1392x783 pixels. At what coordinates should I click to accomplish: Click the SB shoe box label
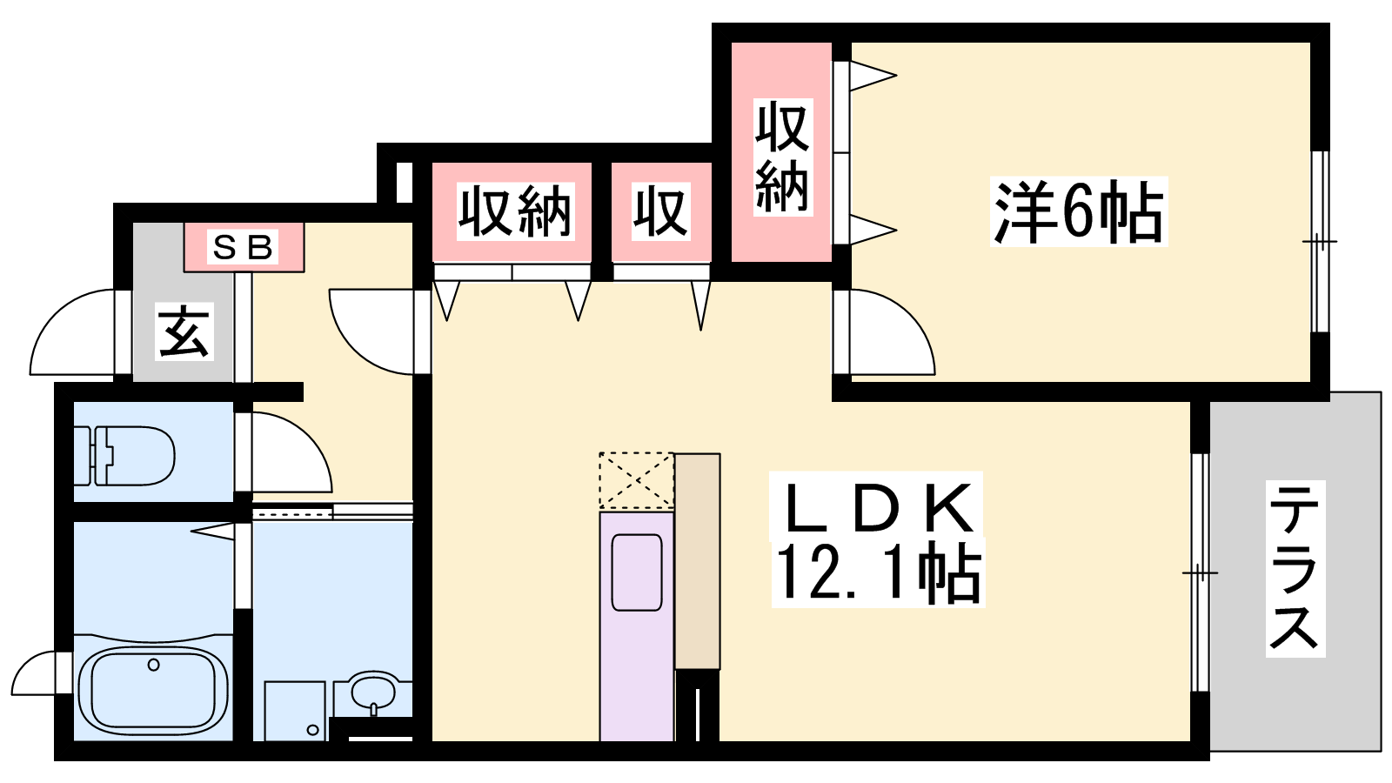(x=244, y=248)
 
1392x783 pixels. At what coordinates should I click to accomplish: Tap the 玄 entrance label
(x=184, y=331)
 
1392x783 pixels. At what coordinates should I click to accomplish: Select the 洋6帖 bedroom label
(x=1078, y=212)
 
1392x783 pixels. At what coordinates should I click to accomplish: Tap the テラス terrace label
(x=1294, y=568)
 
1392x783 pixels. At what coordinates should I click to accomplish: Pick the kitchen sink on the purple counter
(x=637, y=572)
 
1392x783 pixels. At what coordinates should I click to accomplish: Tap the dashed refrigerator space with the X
(x=636, y=480)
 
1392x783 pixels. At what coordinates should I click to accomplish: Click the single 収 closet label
(x=660, y=211)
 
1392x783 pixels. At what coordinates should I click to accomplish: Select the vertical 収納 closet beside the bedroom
(x=781, y=157)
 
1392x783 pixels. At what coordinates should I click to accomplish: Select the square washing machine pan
(x=294, y=710)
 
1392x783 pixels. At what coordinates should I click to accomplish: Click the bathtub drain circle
(x=154, y=666)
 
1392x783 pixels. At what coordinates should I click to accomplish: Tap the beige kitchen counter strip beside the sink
(x=698, y=561)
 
